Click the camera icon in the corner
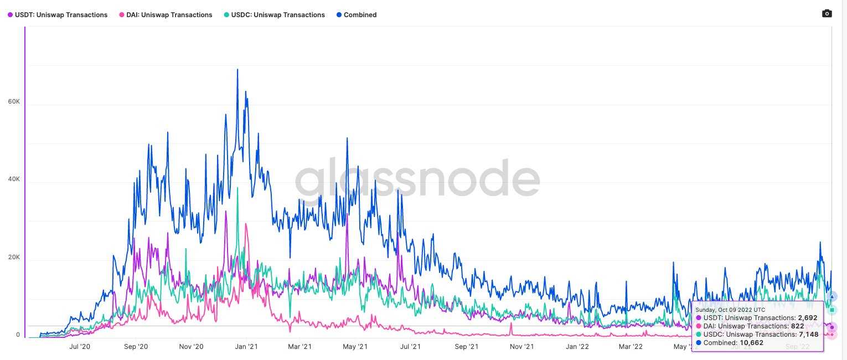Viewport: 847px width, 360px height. (827, 14)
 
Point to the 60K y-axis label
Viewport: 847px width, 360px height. (14, 102)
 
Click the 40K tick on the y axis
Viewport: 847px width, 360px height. (14, 179)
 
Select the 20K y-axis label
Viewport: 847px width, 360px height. (14, 257)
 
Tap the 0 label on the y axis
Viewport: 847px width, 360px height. (18, 335)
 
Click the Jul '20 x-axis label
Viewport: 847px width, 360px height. (80, 347)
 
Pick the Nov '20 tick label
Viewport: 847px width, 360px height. (191, 347)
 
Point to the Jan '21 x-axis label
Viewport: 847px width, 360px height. (246, 347)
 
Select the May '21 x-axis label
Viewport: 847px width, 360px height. (355, 347)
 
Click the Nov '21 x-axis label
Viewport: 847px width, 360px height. (521, 347)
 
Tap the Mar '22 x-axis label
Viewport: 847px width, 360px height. (631, 347)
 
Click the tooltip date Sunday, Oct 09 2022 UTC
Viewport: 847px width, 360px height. (730, 310)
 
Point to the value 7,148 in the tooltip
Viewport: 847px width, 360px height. (808, 335)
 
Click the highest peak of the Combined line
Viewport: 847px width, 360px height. (237, 70)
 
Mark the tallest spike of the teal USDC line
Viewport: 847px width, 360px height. (237, 188)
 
